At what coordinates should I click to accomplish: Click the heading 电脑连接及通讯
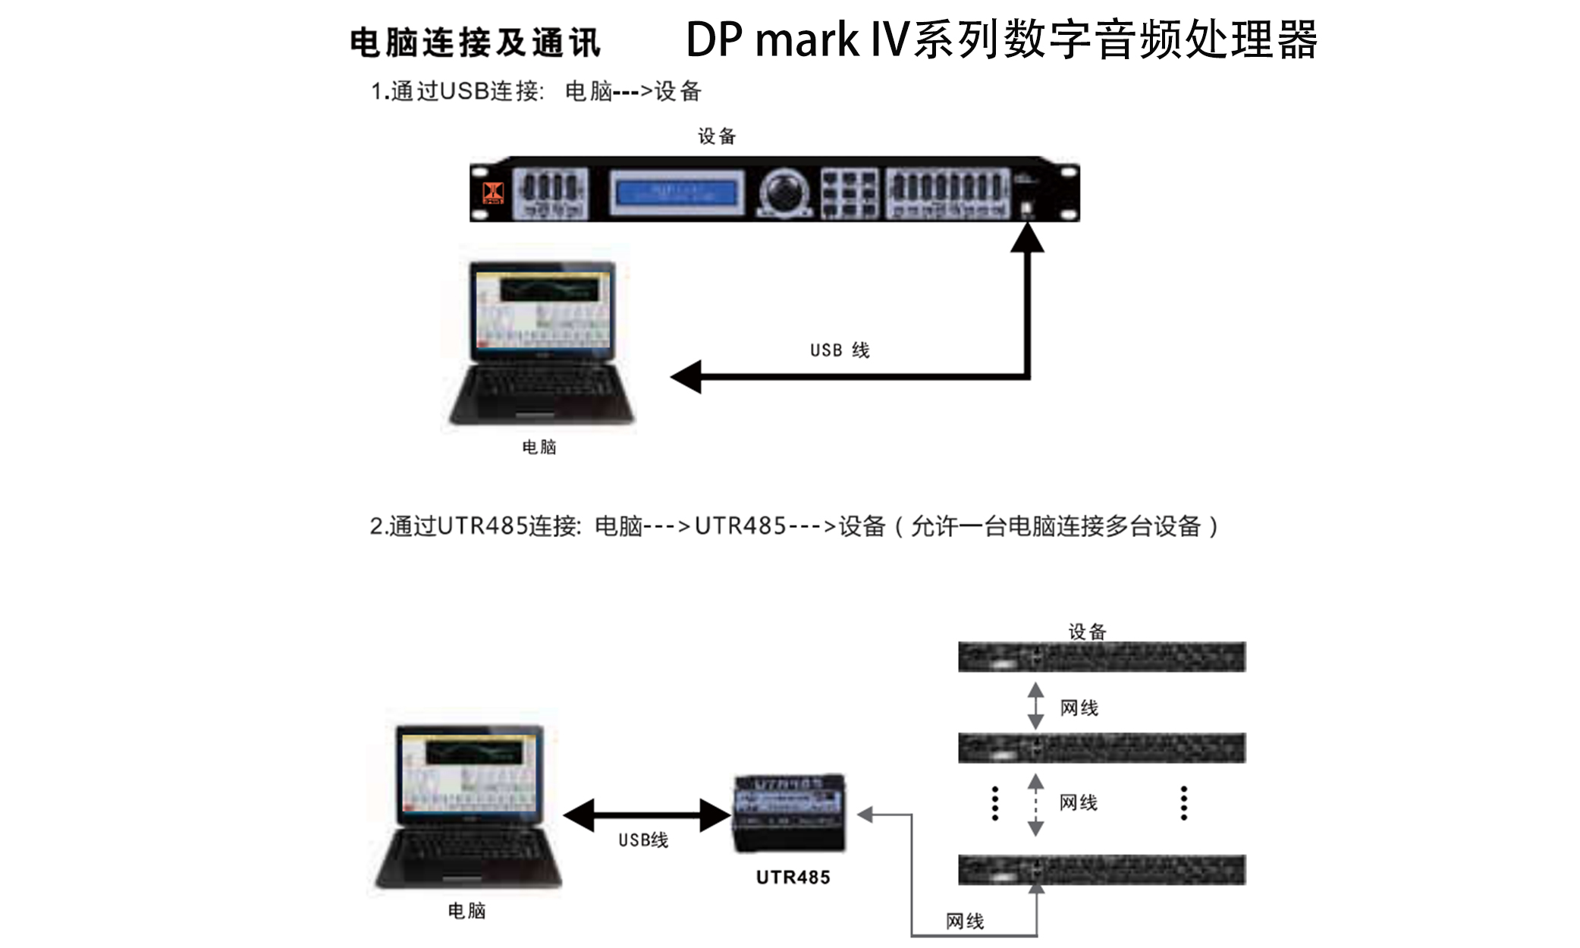click(x=475, y=42)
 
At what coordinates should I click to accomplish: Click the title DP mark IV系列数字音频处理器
click(x=1001, y=39)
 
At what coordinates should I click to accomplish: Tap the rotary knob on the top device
click(x=784, y=191)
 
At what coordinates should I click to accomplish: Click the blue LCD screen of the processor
click(x=677, y=192)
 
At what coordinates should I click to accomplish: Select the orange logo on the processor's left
click(x=493, y=192)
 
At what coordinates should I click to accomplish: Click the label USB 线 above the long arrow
click(x=839, y=350)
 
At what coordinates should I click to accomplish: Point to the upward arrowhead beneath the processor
click(x=1028, y=238)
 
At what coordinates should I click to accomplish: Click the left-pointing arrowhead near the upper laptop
click(x=687, y=377)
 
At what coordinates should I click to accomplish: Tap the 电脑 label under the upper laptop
click(x=539, y=447)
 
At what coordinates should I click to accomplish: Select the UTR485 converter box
click(x=790, y=813)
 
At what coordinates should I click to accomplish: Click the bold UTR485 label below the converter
click(x=793, y=877)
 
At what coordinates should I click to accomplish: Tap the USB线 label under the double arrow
click(x=642, y=840)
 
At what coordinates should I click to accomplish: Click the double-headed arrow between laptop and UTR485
click(x=647, y=816)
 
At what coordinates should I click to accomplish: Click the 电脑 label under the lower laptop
click(x=466, y=911)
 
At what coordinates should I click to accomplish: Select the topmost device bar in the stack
click(x=1101, y=657)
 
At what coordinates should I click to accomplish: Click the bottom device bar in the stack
click(x=1101, y=870)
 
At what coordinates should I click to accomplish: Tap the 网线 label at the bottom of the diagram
click(x=964, y=921)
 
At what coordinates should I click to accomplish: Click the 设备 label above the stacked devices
click(x=1087, y=631)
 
